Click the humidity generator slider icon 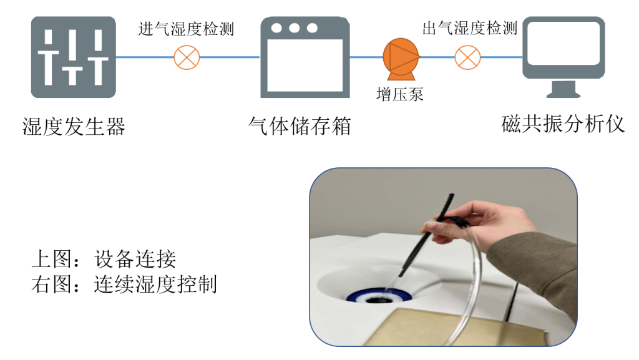tap(74, 57)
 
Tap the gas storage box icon tap(305, 57)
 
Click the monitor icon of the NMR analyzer tap(563, 57)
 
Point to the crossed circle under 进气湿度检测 tap(187, 57)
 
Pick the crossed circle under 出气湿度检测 tap(467, 57)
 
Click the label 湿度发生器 tap(74, 126)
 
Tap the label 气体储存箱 tap(300, 126)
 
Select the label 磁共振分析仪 tap(563, 124)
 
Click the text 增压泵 tap(400, 94)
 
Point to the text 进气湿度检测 tap(186, 29)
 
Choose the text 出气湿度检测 tap(470, 29)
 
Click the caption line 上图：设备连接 tap(104, 259)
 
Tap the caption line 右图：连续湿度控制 tap(124, 285)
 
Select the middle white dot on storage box tap(295, 27)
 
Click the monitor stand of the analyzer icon tap(563, 89)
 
